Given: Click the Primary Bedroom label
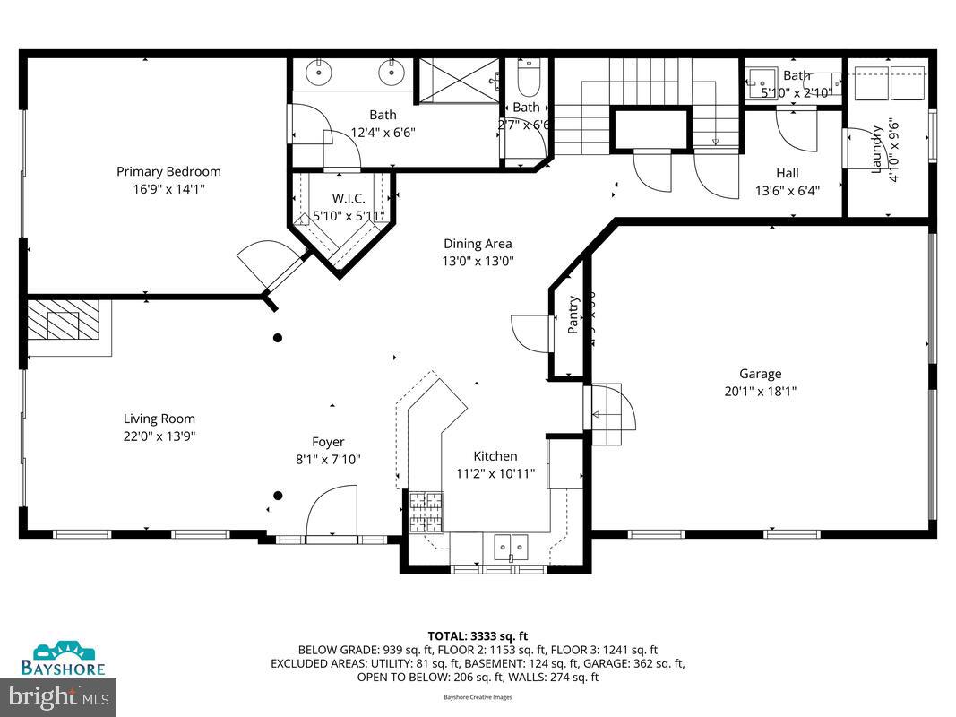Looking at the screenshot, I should (168, 171).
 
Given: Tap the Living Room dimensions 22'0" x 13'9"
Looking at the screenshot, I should (159, 436).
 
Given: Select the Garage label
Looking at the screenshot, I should (760, 374).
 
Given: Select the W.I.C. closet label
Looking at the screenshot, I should (348, 198).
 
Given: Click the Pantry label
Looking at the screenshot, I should (573, 315).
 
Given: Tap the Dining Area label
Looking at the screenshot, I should (478, 243).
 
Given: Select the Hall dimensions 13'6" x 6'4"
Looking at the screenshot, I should (788, 190).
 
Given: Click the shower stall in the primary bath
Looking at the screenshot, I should (458, 80).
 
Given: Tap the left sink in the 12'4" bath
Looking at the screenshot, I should (319, 71).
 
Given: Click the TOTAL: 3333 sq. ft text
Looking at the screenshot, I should (478, 635).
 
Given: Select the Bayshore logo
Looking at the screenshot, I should (63, 659).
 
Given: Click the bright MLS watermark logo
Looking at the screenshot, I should (58, 695).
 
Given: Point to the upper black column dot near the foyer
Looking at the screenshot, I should (278, 338).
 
